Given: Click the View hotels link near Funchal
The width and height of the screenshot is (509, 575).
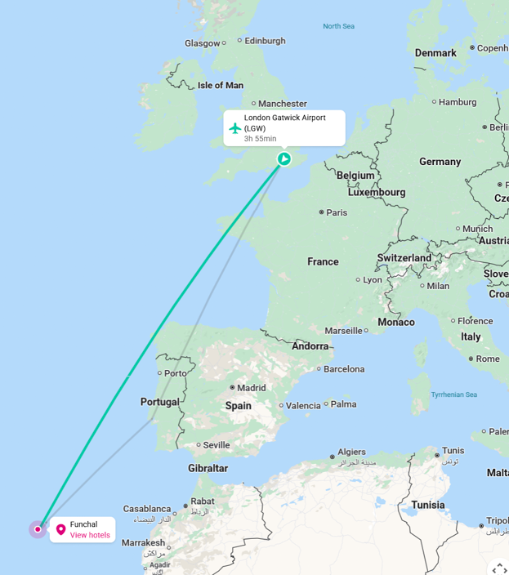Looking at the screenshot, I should (x=90, y=536).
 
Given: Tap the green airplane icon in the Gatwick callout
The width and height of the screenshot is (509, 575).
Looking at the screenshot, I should (x=235, y=128).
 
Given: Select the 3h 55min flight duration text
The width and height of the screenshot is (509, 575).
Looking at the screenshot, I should (x=260, y=139).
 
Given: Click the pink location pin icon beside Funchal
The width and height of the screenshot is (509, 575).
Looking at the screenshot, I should (x=60, y=530).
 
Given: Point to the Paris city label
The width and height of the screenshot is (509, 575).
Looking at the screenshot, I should (x=337, y=212).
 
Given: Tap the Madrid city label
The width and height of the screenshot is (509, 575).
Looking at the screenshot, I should (x=252, y=388).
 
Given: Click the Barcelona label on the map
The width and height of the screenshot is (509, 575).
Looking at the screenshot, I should (x=343, y=369).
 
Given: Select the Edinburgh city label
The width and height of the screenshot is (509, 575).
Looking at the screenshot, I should (x=266, y=41).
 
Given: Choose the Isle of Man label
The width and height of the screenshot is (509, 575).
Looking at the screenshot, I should (x=221, y=85).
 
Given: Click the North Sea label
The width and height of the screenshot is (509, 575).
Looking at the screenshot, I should (x=338, y=26).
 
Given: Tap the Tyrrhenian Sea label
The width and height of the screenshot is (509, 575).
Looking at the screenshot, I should (x=454, y=394).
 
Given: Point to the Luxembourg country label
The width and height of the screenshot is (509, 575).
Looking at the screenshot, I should (x=377, y=193).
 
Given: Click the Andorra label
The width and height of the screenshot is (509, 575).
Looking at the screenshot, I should (x=310, y=346).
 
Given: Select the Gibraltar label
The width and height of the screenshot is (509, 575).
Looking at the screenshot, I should (x=208, y=468).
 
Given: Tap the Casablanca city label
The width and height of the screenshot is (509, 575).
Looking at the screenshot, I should (x=147, y=509).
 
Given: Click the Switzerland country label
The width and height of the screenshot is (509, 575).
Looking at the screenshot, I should (x=404, y=258).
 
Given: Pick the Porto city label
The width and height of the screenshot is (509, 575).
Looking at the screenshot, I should (x=176, y=373).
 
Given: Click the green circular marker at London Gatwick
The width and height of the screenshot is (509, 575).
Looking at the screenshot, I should (x=284, y=158).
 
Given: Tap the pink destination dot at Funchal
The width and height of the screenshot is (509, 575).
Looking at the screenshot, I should (x=38, y=529).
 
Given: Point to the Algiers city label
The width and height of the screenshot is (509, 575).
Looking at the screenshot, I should (x=352, y=452).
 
